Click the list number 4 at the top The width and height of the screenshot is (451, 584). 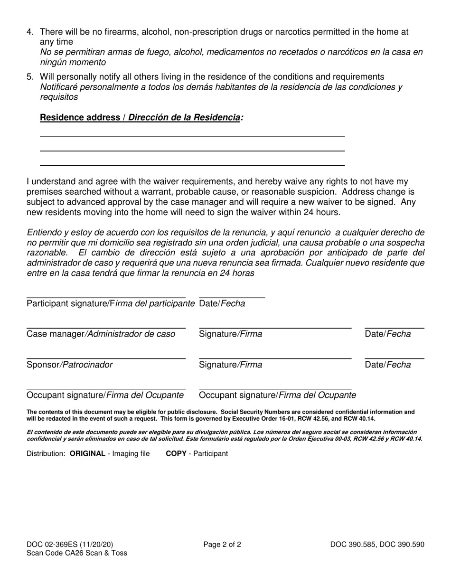point(30,32)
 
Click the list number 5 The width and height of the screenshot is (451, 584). point(30,77)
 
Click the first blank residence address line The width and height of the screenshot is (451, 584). point(192,136)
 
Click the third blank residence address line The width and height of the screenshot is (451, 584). point(192,165)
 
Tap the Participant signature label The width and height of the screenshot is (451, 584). point(111,303)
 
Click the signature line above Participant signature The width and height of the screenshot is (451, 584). point(106,298)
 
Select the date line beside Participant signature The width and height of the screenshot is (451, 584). point(232,298)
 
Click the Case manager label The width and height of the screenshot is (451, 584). point(101,334)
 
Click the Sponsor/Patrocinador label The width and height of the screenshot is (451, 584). point(70,365)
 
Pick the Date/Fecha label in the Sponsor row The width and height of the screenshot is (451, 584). point(388,365)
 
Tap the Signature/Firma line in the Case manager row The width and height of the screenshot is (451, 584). point(275,328)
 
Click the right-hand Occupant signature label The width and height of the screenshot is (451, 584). point(277,395)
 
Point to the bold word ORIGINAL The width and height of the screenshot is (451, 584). point(87,453)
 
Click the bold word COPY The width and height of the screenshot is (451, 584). point(176,453)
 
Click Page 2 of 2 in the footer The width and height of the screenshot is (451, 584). point(222,545)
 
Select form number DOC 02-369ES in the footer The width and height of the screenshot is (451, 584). point(52,545)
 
